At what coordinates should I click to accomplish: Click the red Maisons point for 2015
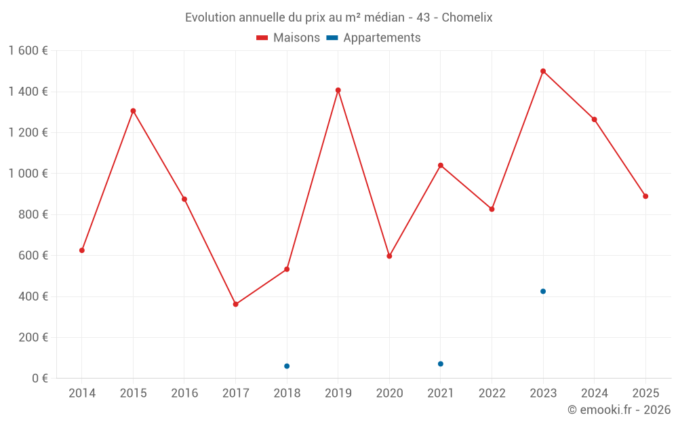133,111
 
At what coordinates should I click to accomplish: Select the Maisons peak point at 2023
543,71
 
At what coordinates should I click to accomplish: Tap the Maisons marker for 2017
235,304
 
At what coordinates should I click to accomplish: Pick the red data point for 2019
338,90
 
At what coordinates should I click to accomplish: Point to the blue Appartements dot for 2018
287,366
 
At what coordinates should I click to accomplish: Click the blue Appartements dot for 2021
441,364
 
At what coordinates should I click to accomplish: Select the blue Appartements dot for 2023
543,291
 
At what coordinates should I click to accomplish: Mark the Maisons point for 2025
645,196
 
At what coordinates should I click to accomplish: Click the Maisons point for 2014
82,250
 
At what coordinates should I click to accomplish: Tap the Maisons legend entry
288,38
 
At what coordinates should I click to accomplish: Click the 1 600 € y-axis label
28,51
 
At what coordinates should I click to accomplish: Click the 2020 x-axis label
389,393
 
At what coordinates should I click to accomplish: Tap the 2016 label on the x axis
184,393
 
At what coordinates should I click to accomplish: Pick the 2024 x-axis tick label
595,393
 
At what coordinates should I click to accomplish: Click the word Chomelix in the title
467,17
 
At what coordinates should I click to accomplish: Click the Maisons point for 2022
492,209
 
